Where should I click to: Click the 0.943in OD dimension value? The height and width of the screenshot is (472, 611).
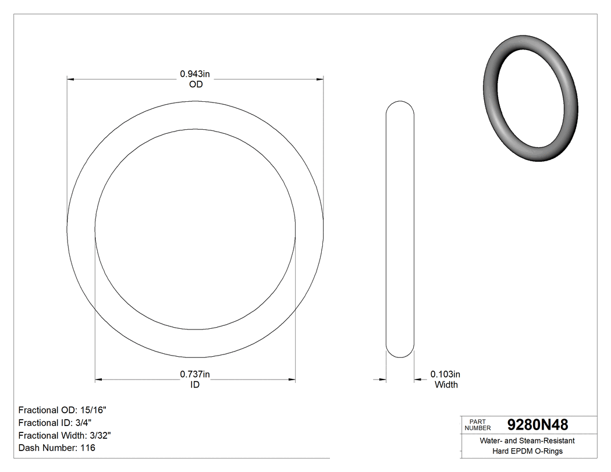click(195, 74)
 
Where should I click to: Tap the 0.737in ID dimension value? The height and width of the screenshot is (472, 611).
click(195, 374)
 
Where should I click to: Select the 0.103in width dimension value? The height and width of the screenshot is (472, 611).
click(445, 374)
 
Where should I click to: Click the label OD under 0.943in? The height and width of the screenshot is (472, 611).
click(196, 84)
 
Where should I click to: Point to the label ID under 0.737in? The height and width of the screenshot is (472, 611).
click(195, 385)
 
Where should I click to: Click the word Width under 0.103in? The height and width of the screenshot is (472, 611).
click(446, 385)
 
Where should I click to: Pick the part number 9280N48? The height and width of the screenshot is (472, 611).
click(538, 424)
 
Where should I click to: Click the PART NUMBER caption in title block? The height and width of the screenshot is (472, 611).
click(478, 425)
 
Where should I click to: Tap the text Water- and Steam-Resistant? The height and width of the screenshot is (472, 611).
click(527, 441)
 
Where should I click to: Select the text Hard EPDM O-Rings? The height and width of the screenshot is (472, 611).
click(527, 451)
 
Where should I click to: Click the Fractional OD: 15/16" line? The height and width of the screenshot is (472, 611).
click(62, 410)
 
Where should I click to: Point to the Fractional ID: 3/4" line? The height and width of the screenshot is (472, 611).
click(55, 423)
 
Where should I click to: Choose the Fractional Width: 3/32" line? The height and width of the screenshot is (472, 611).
click(65, 435)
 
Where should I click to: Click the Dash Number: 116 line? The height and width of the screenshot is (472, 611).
click(56, 448)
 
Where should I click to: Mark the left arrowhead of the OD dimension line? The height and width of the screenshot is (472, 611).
click(71, 79)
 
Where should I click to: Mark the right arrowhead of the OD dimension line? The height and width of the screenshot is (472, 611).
click(319, 79)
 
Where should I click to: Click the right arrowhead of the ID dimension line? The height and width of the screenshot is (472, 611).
click(292, 380)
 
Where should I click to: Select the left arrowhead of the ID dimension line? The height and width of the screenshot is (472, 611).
click(98, 380)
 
